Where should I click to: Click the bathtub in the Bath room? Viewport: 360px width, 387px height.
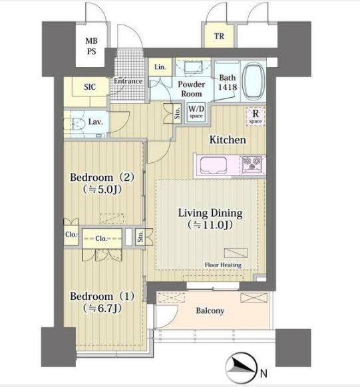point(253,80)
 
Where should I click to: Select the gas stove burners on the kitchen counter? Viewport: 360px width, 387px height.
point(252,163)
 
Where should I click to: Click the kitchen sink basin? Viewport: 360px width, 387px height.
point(214,166)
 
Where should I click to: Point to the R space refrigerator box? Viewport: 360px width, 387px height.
point(256,116)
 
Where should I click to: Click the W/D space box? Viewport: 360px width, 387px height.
point(196,112)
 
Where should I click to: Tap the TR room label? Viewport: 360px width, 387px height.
point(219,37)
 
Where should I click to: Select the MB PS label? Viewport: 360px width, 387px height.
point(91,46)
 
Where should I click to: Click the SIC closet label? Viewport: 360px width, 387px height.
point(90,87)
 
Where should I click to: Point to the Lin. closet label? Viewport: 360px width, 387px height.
point(160,66)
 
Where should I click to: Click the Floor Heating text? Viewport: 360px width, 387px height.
point(223,265)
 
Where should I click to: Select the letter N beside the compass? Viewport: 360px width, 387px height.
point(264,374)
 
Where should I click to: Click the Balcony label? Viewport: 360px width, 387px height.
point(210,311)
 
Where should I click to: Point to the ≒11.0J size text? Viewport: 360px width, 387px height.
point(210,225)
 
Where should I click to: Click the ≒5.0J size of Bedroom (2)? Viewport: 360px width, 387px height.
point(102,190)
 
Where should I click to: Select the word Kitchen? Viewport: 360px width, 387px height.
point(228,140)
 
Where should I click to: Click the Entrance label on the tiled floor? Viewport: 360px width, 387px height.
point(128,81)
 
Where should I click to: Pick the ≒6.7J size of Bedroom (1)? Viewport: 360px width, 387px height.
point(102,308)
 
